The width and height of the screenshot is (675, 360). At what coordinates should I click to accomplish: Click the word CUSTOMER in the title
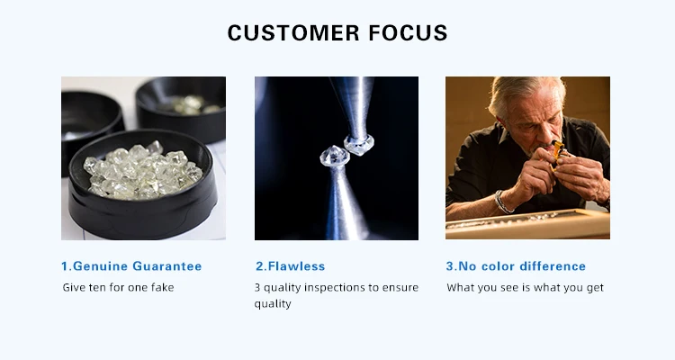pos(293,32)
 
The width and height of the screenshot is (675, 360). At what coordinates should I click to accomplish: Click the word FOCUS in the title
pos(408,32)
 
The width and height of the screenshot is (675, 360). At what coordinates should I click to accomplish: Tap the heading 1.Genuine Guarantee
pos(131,266)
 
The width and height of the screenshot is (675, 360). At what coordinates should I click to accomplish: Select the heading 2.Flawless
pos(290,266)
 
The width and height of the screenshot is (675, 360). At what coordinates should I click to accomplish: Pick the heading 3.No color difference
pos(516,266)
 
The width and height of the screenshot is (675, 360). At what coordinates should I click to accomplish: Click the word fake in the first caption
pos(162,287)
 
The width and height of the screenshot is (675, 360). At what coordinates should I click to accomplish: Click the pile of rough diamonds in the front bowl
pos(143,171)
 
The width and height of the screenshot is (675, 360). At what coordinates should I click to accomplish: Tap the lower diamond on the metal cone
pos(335,157)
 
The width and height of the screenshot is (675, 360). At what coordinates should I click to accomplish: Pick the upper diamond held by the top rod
pos(358,145)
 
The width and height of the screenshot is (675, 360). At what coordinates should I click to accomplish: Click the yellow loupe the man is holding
pos(557,154)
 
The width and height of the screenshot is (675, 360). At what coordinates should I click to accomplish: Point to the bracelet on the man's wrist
pos(502,202)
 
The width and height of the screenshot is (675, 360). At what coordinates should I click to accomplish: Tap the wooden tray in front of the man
pos(527,224)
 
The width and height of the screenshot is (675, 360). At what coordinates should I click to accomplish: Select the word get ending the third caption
pos(595,288)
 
